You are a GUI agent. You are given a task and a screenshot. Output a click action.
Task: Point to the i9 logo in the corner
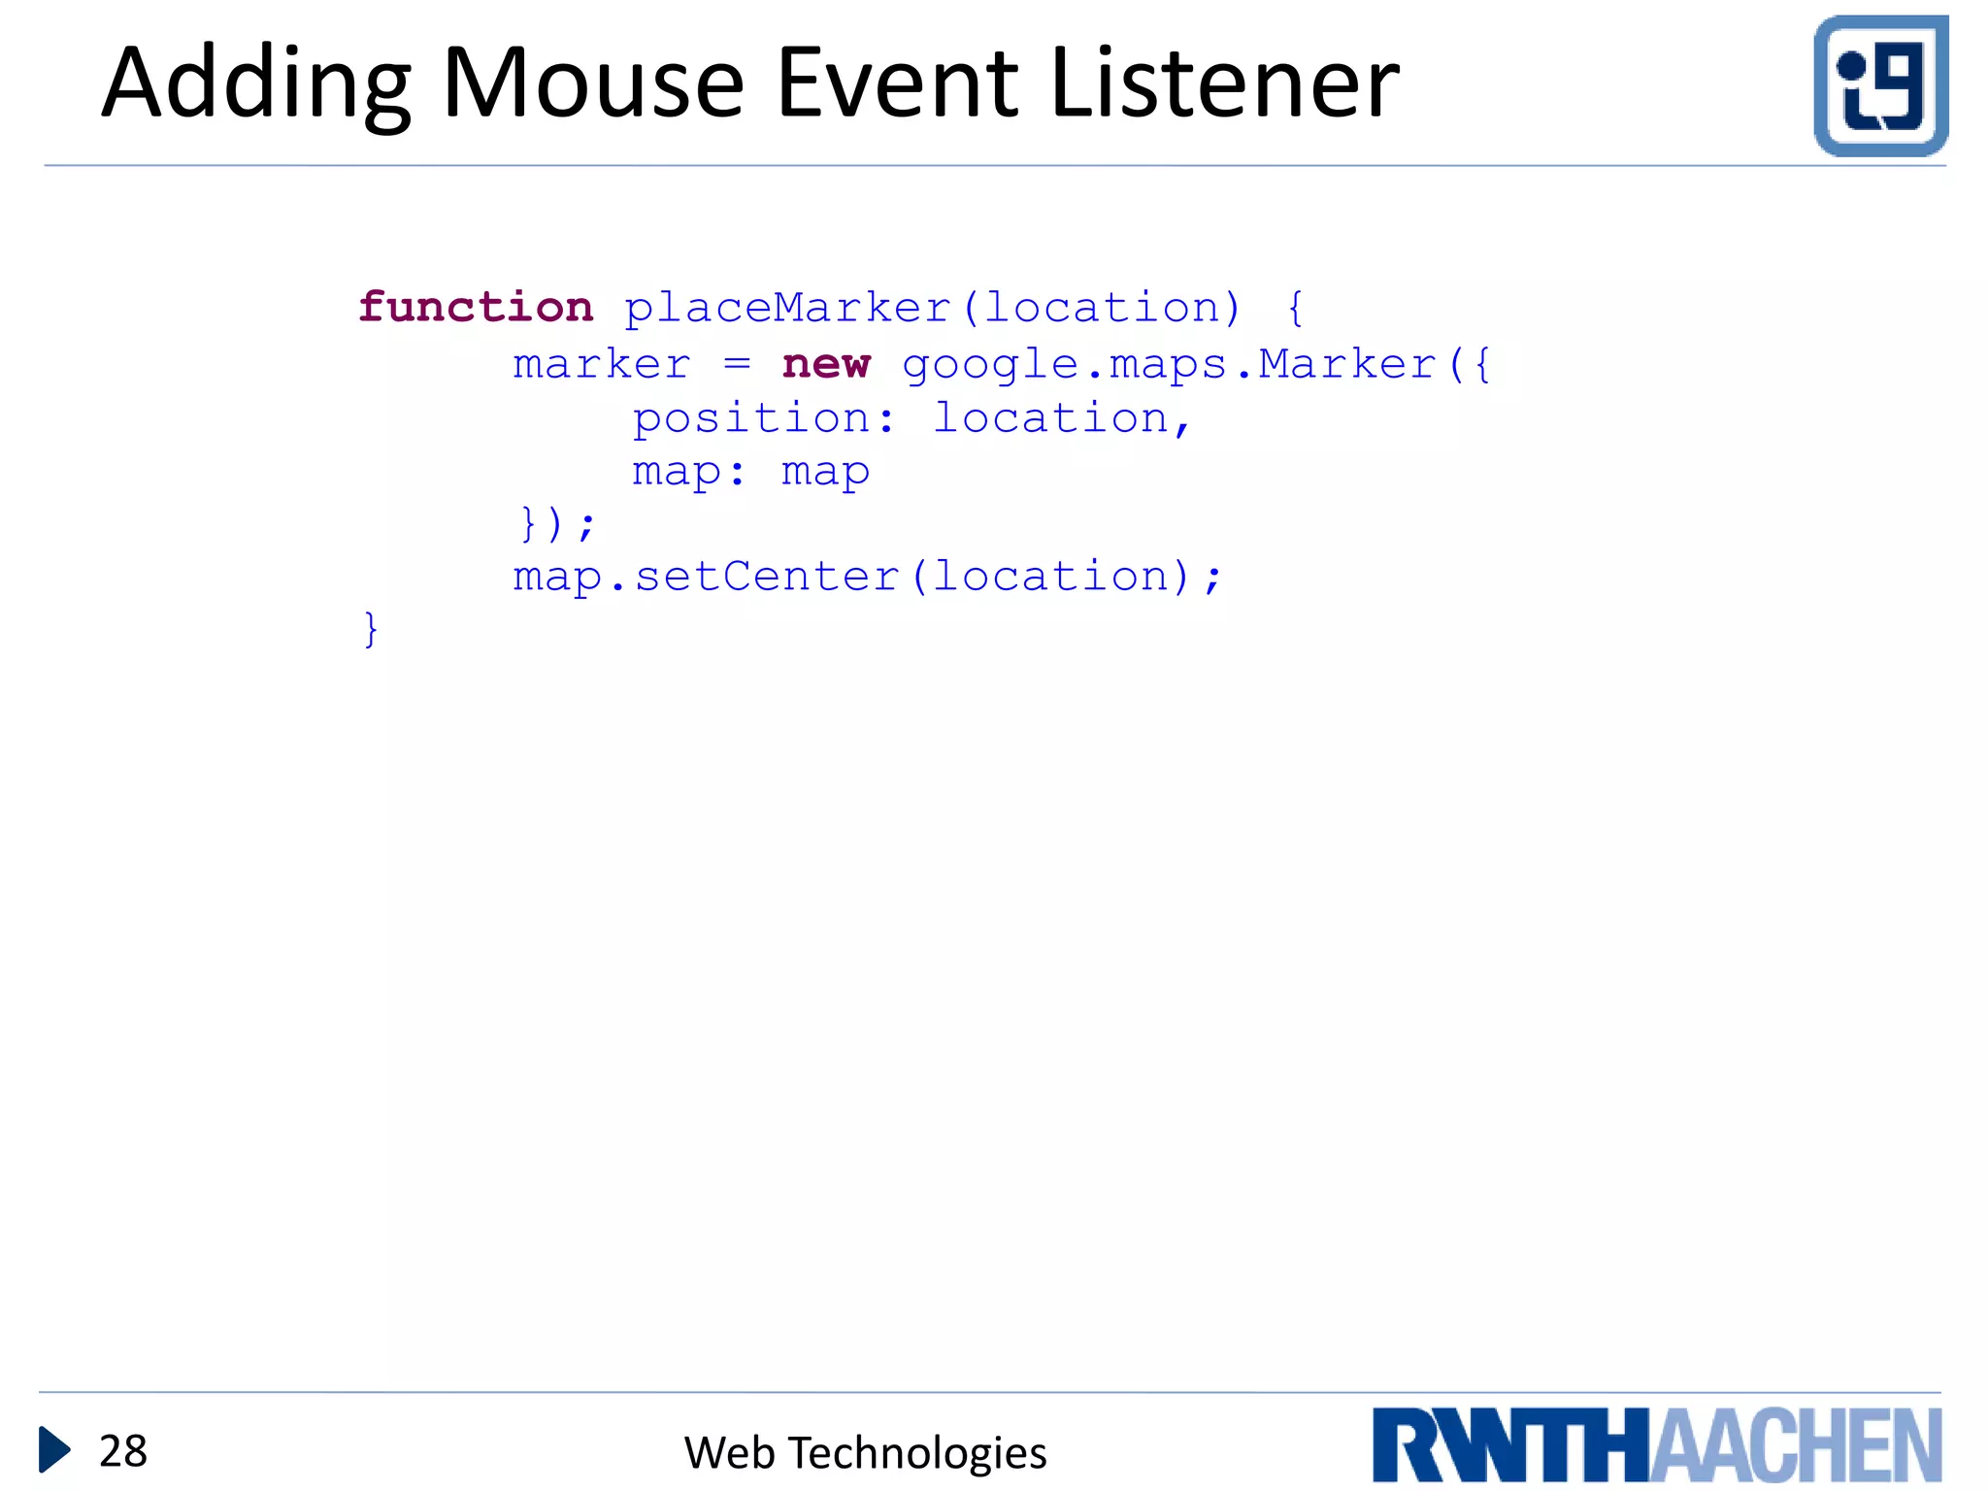[x=1880, y=85]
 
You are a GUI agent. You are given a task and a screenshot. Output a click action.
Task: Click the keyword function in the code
[x=476, y=308]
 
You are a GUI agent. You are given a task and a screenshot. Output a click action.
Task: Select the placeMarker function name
[x=786, y=309]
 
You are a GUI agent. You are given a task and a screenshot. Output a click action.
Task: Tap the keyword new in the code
[x=826, y=364]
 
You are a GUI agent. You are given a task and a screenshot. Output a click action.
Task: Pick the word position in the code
[x=751, y=419]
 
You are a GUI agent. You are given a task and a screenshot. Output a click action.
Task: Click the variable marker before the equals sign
[x=602, y=365]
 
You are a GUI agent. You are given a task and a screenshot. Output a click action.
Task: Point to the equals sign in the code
[x=737, y=365]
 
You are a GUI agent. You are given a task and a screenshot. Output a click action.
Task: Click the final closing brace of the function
[x=370, y=629]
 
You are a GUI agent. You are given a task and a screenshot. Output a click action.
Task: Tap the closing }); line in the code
[x=556, y=524]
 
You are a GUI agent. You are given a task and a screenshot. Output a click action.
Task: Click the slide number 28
[x=123, y=1451]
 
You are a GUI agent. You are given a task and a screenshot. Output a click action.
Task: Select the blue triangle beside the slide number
[x=54, y=1450]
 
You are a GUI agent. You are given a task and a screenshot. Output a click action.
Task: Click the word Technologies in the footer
[x=917, y=1453]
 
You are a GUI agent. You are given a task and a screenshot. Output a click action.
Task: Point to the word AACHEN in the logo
[x=1796, y=1445]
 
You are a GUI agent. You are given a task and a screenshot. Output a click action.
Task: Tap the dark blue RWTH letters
[x=1510, y=1445]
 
